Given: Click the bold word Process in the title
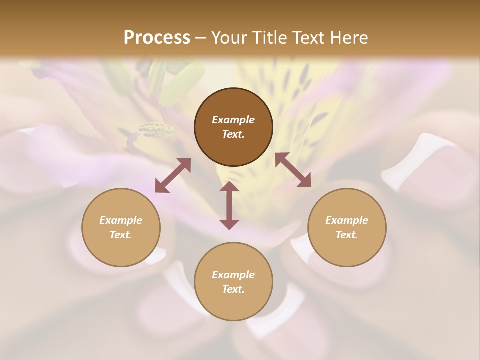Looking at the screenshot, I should (157, 38).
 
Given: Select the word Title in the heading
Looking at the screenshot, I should (270, 38).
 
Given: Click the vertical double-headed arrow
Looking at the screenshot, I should (229, 205).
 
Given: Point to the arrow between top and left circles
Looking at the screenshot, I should (173, 175).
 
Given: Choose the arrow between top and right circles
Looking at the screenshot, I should (293, 170).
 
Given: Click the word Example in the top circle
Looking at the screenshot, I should (233, 120).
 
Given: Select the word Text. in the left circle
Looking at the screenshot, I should (121, 235).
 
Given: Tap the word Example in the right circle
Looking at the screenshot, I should (347, 220).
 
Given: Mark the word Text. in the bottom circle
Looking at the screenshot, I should (233, 289).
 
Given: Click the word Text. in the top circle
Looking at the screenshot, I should (233, 135).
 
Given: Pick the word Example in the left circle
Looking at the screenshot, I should (121, 220).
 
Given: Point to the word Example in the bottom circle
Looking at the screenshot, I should (233, 275).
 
